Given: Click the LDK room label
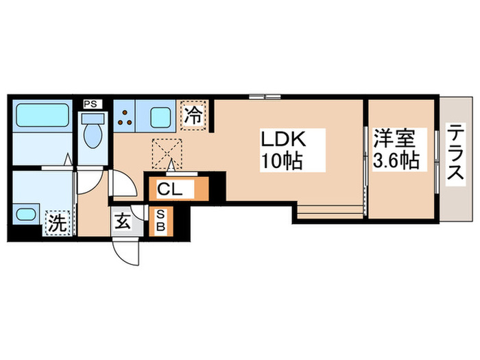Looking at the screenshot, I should [x=281, y=140].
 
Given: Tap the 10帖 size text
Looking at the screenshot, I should [x=281, y=163].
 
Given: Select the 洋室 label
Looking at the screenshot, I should [x=395, y=139].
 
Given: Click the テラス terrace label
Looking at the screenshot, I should [x=455, y=155].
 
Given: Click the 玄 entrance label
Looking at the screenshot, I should [x=123, y=222].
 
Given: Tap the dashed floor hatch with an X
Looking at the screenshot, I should [x=166, y=152].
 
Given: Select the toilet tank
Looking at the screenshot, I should [x=92, y=119].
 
